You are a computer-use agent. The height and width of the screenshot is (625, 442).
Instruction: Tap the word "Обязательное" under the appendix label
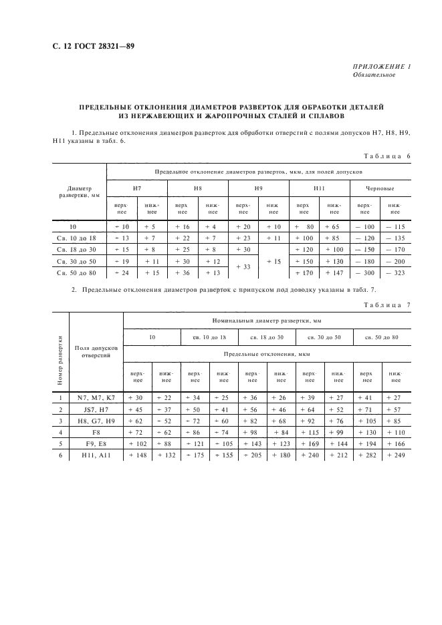point(374,75)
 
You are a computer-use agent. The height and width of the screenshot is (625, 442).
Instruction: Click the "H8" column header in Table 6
point(198,189)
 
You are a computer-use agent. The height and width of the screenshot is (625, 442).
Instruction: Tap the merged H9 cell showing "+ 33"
point(243,266)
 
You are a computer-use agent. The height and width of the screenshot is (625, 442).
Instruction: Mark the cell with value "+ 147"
point(334,272)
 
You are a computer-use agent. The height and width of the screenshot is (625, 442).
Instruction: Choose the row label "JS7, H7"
point(96,409)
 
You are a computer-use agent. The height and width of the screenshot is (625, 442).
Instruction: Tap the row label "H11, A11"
point(96,455)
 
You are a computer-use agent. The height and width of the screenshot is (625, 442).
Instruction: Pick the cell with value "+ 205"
point(252,455)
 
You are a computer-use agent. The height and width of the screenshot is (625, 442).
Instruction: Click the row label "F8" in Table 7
point(96,432)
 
